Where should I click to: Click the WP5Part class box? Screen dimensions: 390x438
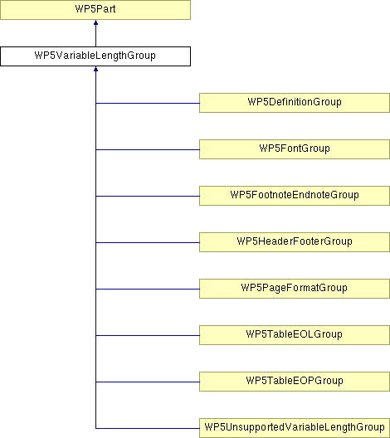tap(95, 10)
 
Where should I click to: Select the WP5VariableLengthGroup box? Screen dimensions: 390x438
tap(95, 56)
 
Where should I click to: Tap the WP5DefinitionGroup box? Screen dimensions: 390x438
tap(295, 103)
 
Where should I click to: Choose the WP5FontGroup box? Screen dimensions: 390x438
tap(295, 149)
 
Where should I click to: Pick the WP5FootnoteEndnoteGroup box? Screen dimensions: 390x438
tap(295, 196)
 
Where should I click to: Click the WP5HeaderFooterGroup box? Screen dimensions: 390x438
tap(295, 242)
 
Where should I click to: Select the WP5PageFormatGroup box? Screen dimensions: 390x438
tap(295, 289)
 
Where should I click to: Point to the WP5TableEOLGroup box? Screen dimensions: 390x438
tap(295, 335)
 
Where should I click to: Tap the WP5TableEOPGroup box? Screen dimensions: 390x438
tap(295, 382)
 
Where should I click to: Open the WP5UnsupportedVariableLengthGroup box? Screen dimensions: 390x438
tap(295, 428)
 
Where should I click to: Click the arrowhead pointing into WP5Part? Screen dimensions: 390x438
tap(95, 22)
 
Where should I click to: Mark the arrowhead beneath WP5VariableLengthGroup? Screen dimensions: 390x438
tap(95, 69)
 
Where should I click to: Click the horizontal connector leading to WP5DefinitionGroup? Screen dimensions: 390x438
tap(148, 103)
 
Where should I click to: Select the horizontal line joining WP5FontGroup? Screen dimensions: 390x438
tap(148, 149)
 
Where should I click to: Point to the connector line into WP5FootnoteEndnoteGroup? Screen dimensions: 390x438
tap(148, 196)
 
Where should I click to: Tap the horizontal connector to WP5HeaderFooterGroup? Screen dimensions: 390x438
tap(148, 242)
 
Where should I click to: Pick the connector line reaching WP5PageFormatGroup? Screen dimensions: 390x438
tap(148, 289)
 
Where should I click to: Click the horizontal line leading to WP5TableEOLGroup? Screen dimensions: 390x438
tap(148, 335)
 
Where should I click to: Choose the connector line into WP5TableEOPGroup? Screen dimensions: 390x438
tap(148, 382)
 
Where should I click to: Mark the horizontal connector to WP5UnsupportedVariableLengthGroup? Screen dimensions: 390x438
tap(148, 428)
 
